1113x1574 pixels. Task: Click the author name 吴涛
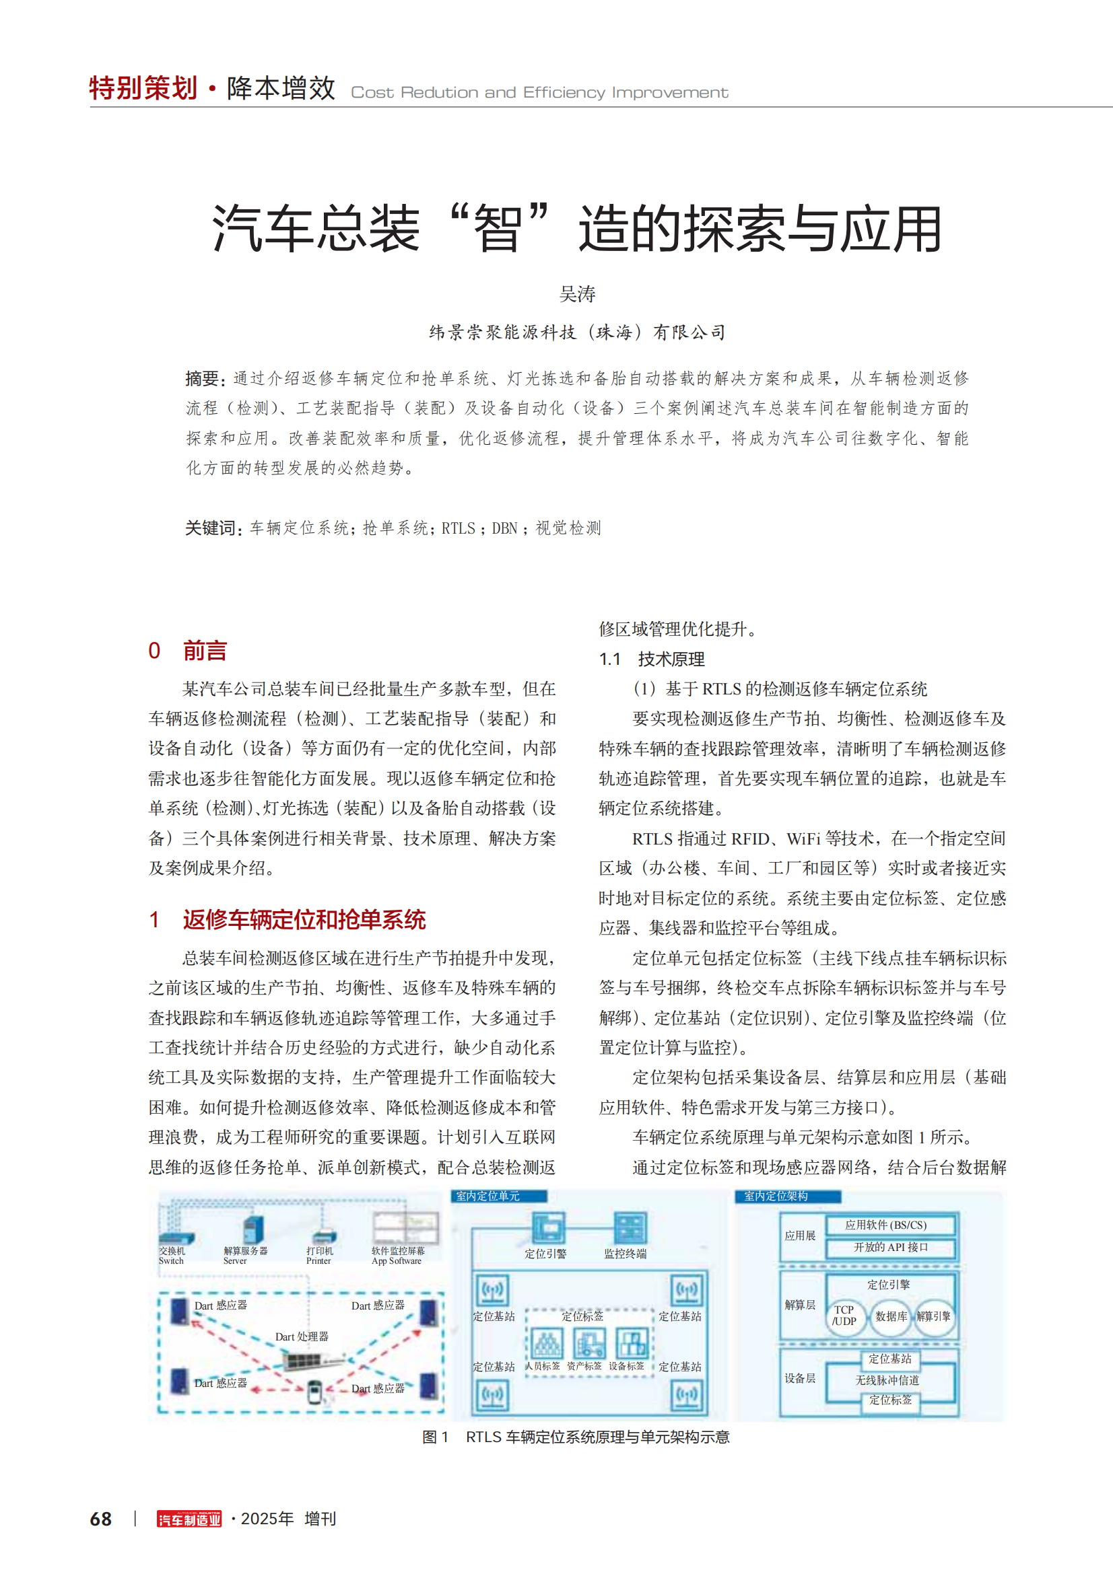tap(577, 294)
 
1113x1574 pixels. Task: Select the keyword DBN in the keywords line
tap(505, 528)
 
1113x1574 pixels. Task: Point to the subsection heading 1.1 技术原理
tap(652, 659)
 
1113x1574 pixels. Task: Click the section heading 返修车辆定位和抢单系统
tap(304, 920)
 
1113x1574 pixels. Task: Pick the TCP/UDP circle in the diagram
tap(844, 1316)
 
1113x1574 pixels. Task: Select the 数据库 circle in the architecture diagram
tap(890, 1316)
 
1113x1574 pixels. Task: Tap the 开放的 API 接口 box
tap(890, 1247)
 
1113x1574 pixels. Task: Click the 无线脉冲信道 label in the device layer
tap(887, 1380)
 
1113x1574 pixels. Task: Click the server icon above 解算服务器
tap(252, 1230)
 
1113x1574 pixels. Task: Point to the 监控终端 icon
tap(629, 1228)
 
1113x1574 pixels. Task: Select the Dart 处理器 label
tap(302, 1336)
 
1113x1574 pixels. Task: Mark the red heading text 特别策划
tap(143, 88)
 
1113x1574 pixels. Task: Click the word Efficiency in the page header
tap(564, 93)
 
